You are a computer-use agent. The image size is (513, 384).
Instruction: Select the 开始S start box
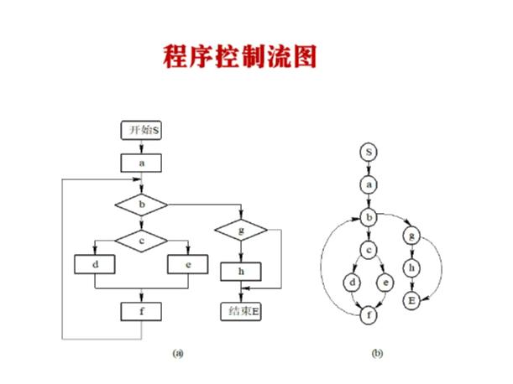pos(140,131)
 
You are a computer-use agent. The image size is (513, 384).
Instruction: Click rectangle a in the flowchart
pos(141,162)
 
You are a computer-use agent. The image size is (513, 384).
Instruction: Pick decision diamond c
pos(141,241)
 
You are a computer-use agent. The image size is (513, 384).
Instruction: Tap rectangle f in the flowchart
pos(141,310)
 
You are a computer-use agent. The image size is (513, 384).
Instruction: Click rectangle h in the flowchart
pos(241,272)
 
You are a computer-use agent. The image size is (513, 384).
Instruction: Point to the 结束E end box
pos(241,311)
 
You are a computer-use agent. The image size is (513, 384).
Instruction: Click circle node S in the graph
pos(368,152)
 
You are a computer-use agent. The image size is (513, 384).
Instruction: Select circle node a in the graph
pos(368,183)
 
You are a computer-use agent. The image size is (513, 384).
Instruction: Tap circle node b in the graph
pos(368,217)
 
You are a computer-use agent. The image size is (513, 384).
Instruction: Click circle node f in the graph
pos(368,316)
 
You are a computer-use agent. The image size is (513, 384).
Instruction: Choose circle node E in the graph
pos(411,299)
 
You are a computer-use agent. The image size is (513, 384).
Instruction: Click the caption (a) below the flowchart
pos(178,353)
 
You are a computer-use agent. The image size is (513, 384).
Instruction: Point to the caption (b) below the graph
pos(378,353)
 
